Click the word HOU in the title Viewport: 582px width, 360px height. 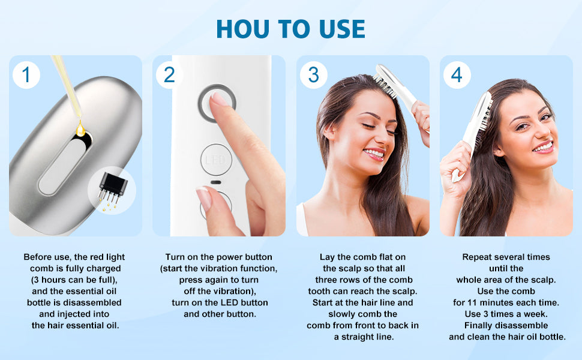tap(243, 29)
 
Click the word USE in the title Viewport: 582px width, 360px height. tap(342, 29)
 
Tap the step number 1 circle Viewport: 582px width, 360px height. tap(26, 74)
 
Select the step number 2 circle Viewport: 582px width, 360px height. tap(169, 74)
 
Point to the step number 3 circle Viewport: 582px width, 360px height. tap(314, 74)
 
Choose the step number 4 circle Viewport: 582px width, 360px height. tap(457, 74)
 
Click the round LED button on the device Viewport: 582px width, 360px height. tap(216, 160)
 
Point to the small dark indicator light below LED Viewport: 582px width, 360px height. tap(215, 182)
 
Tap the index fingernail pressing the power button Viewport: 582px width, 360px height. tap(218, 100)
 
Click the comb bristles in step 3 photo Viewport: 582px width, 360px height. tap(385, 86)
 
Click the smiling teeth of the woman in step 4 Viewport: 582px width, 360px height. tap(543, 148)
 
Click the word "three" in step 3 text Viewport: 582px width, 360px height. tap(326, 280)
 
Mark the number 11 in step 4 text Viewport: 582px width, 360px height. tap(472, 302)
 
